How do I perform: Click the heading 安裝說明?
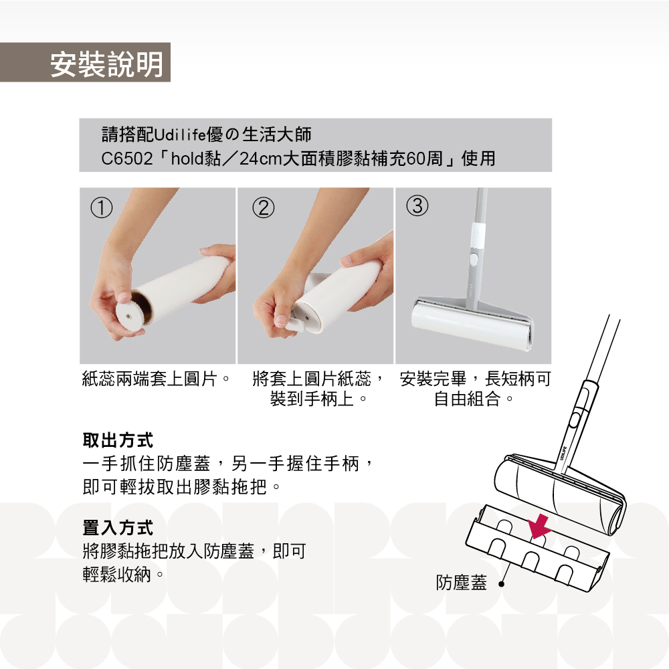point(106,64)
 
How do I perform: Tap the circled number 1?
point(102,208)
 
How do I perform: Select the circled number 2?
point(263,208)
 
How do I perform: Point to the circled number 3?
point(417,205)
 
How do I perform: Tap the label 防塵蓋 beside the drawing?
point(461,583)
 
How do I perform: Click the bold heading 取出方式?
point(118,440)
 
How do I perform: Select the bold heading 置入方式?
point(118,528)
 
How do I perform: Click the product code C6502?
point(126,159)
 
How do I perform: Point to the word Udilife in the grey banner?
point(179,135)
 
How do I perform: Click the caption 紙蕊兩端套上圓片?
point(149,379)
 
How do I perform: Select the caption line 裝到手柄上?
point(312,399)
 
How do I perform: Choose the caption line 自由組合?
point(467,399)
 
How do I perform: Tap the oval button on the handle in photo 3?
point(473,260)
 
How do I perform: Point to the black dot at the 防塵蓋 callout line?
point(502,584)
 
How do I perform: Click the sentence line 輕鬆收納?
point(117,574)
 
